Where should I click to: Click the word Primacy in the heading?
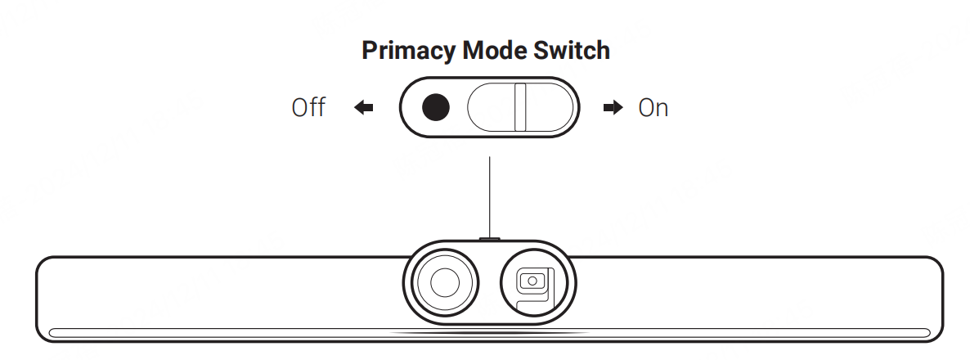coord(408,51)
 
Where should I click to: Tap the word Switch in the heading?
coord(575,51)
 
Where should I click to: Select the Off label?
coord(308,108)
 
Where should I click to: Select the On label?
coord(653,108)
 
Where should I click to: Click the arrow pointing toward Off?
coord(364,108)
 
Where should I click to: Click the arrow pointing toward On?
coord(613,108)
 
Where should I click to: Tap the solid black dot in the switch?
coord(436,107)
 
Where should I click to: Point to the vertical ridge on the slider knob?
coord(520,107)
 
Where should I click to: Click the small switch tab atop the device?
coord(490,239)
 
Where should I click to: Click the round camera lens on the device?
coord(444,282)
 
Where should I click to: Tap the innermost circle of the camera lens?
coord(444,282)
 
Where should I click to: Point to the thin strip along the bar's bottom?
coord(245,333)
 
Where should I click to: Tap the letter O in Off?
coord(300,108)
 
